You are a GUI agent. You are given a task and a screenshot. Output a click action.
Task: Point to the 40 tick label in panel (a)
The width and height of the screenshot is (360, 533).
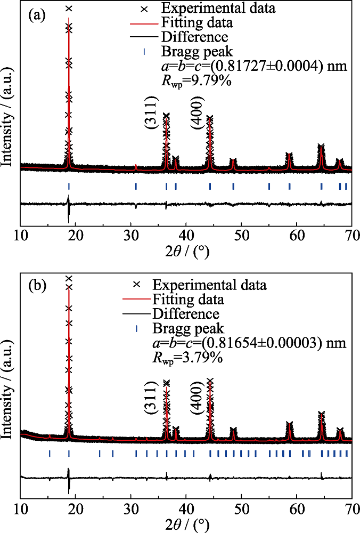(x=186, y=236)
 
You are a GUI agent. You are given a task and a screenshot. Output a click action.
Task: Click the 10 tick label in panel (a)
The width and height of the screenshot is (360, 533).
(x=21, y=236)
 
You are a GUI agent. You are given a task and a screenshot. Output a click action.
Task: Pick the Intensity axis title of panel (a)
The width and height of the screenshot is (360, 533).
(x=9, y=119)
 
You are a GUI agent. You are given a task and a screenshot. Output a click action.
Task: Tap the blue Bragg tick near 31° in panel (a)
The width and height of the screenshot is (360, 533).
(x=136, y=186)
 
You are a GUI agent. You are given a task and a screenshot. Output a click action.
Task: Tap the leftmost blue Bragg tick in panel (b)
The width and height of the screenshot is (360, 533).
(x=50, y=454)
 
